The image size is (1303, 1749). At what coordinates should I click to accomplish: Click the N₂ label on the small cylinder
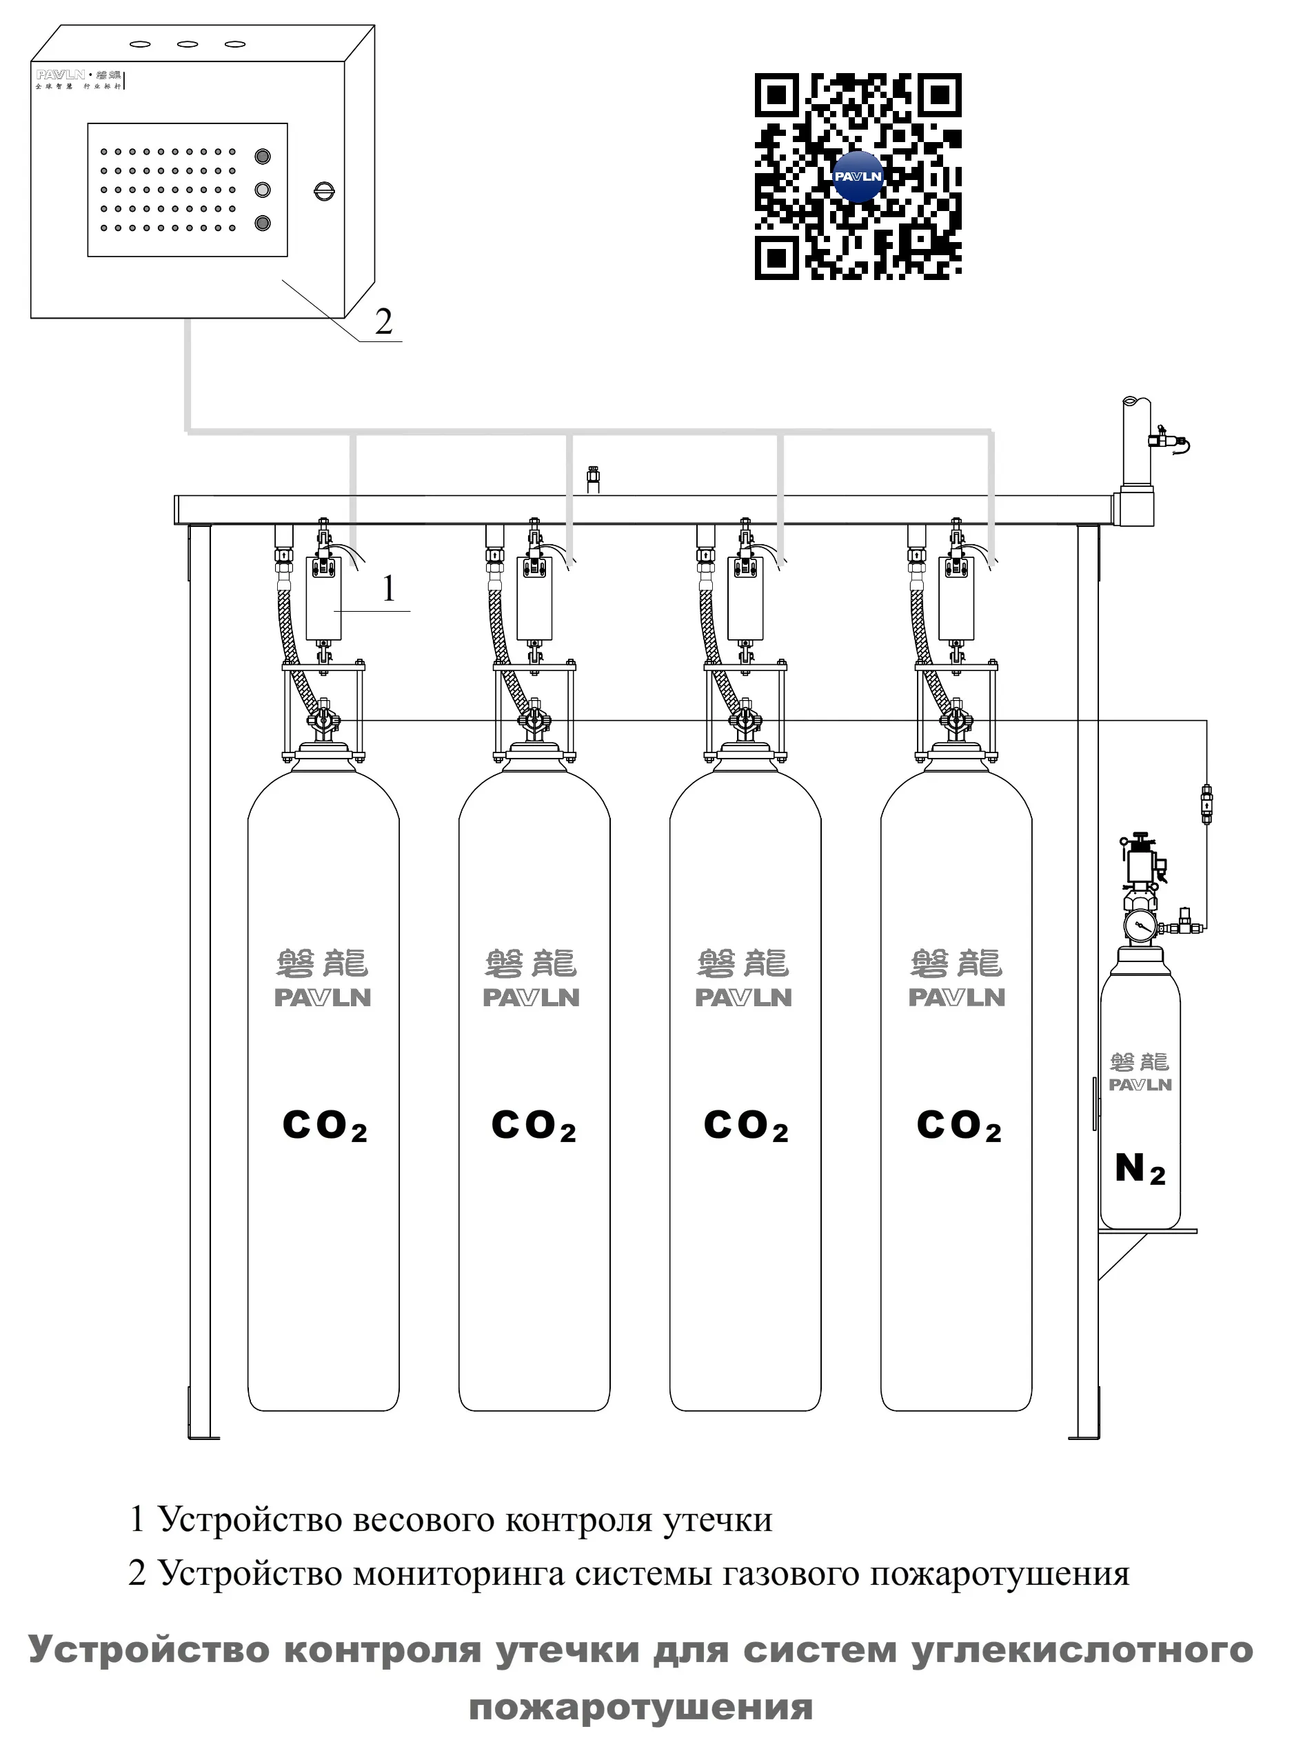pyautogui.click(x=1140, y=1169)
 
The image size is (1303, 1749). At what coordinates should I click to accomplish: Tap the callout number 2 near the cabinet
pyautogui.click(x=383, y=322)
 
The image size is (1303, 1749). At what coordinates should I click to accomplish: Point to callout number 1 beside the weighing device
pyautogui.click(x=389, y=588)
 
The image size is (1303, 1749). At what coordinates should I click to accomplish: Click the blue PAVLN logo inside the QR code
pyautogui.click(x=858, y=177)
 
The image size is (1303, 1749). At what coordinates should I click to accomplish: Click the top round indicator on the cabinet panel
pyautogui.click(x=263, y=156)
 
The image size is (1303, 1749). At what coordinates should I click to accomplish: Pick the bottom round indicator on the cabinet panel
pyautogui.click(x=263, y=223)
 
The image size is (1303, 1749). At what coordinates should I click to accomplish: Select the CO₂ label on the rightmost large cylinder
pyautogui.click(x=958, y=1126)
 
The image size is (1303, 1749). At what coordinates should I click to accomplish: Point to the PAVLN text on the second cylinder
pyautogui.click(x=532, y=998)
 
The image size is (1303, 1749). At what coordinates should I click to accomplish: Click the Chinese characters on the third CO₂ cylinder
pyautogui.click(x=743, y=963)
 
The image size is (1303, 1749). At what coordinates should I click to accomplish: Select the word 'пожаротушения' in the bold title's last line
pyautogui.click(x=640, y=1706)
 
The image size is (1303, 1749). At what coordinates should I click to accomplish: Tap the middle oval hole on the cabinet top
pyautogui.click(x=188, y=44)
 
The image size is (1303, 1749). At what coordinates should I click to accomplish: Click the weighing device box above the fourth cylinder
pyautogui.click(x=956, y=598)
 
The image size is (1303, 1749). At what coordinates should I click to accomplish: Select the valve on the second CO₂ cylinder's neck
pyautogui.click(x=536, y=719)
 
